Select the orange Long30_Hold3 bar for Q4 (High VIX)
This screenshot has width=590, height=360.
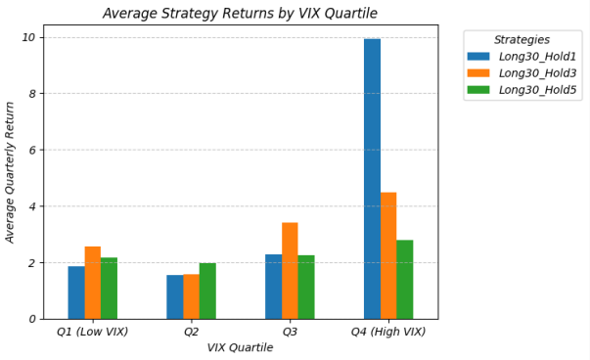click(388, 255)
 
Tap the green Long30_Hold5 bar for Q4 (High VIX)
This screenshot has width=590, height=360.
click(405, 280)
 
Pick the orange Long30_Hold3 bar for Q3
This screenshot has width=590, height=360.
click(290, 271)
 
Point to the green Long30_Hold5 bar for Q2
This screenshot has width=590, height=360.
click(207, 292)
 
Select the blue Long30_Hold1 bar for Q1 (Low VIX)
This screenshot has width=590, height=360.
click(75, 292)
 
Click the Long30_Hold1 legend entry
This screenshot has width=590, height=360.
click(537, 57)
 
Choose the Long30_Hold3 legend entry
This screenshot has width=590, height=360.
click(537, 73)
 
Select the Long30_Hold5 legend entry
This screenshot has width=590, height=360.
click(537, 90)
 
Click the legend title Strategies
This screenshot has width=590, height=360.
click(522, 40)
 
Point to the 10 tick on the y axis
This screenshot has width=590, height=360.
click(29, 37)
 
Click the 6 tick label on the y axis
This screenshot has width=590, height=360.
click(32, 150)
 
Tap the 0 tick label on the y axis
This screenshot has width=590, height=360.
click(32, 319)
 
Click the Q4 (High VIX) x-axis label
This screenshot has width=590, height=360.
click(388, 333)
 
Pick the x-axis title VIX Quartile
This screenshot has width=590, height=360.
click(240, 348)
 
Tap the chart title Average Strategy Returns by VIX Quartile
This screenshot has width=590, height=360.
click(240, 13)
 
